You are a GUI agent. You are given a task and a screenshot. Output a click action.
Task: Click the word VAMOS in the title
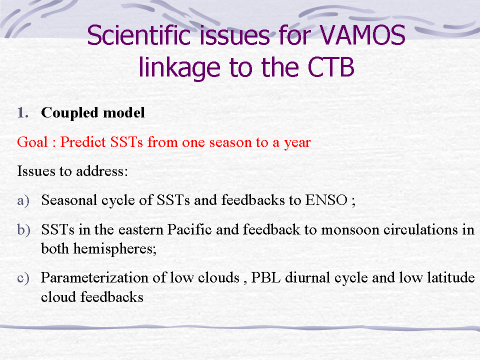coord(362,35)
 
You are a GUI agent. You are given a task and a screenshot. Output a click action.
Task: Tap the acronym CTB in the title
coord(331,67)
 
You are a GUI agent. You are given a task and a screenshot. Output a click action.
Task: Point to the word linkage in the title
coord(179,68)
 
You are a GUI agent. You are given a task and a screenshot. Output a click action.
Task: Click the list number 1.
coord(23,112)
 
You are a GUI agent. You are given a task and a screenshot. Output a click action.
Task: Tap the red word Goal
coord(32,142)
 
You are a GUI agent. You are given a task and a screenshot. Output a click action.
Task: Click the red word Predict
coord(83,142)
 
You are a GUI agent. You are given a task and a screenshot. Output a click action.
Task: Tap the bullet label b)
coord(24,230)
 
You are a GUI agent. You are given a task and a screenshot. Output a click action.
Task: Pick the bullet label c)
coord(23,278)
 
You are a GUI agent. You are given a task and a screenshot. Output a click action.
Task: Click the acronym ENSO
coord(326,200)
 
